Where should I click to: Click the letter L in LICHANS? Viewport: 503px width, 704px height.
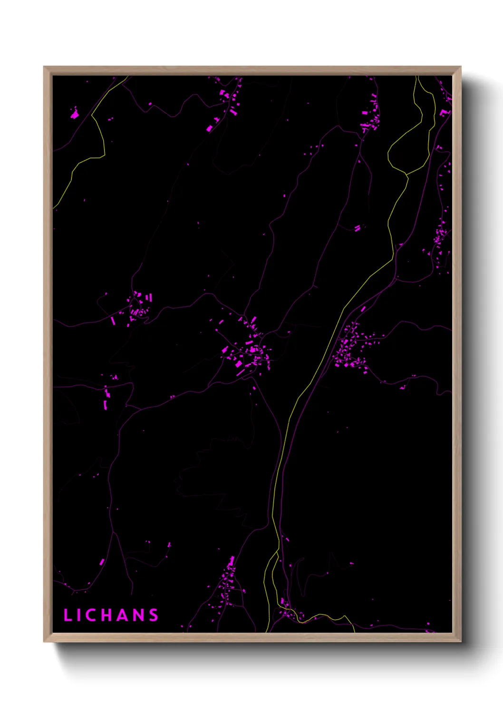click(68, 615)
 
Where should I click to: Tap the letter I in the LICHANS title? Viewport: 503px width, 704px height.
click(80, 615)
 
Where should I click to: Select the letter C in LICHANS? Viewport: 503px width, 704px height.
click(93, 615)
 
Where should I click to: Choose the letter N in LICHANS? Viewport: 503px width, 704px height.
click(138, 615)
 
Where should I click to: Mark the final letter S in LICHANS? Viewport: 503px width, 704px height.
click(153, 615)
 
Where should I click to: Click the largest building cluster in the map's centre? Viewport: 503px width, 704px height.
click(249, 352)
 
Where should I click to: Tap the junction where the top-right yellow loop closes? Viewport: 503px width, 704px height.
click(407, 175)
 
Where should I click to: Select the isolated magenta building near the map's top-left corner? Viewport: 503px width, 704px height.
click(75, 114)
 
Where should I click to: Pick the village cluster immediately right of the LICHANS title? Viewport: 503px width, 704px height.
click(227, 585)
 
